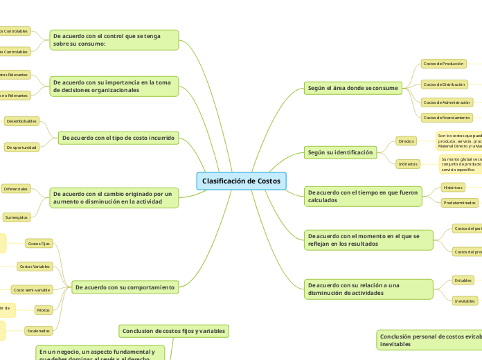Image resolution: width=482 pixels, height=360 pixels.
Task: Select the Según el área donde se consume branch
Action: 352,88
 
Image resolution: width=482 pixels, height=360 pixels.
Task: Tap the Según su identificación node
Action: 340,152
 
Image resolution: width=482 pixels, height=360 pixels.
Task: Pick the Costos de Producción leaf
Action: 443,64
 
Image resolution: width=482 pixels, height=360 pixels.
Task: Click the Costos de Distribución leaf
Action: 444,84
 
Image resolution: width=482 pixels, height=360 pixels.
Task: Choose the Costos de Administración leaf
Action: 447,102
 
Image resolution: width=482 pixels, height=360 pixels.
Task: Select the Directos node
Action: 406,141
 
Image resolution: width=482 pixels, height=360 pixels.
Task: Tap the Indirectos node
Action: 407,164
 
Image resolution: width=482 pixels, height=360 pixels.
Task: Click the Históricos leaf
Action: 453,187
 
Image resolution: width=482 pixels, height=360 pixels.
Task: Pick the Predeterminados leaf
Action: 460,203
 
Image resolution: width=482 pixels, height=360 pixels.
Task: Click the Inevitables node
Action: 464,301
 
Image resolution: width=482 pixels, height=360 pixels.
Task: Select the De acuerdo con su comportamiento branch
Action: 125,287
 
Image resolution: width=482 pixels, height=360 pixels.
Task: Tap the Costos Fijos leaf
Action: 39,244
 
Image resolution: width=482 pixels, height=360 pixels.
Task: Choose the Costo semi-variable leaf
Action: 31,289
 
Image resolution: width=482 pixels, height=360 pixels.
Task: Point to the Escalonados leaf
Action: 38,331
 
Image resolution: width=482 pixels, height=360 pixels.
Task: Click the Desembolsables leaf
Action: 21,121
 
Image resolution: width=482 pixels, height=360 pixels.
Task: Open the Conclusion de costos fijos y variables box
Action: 174,331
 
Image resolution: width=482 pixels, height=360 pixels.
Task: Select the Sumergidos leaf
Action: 17,217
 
